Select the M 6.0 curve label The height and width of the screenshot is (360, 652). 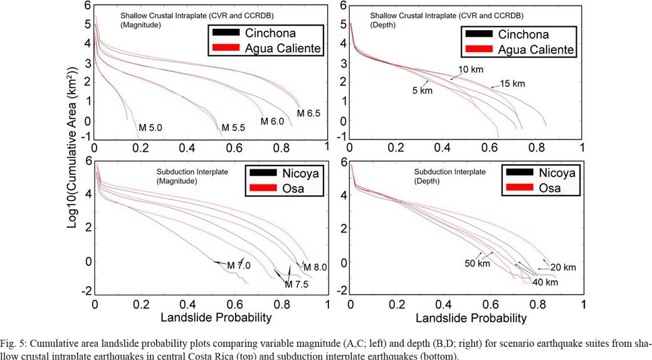(x=273, y=120)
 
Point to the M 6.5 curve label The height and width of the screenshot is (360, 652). (x=308, y=114)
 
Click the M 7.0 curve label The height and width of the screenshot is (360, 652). (x=238, y=265)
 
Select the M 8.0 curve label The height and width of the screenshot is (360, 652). (x=315, y=267)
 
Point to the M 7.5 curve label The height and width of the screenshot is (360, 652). (x=297, y=283)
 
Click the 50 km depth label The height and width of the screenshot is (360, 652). (x=476, y=263)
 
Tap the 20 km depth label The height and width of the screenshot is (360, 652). (x=562, y=268)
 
